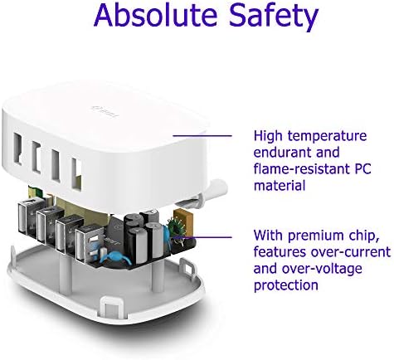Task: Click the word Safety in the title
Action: pos(274,17)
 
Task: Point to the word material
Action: pos(280,185)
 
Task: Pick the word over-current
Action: pos(351,252)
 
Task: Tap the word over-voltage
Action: pos(322,269)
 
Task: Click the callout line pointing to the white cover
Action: pos(202,135)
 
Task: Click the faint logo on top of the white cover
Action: pos(105,111)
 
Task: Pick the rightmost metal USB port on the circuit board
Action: pos(88,243)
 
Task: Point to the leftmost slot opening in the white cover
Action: pos(17,149)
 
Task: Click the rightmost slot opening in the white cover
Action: pos(75,173)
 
